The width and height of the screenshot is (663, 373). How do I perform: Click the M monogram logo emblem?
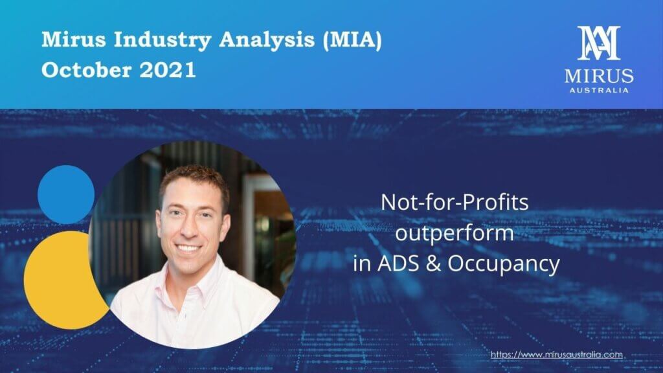tap(599, 43)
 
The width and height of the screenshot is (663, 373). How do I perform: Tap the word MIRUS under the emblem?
tap(599, 76)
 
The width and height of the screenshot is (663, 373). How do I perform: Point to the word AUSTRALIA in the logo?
tap(599, 90)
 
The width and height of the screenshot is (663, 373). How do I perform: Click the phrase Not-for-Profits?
tap(455, 203)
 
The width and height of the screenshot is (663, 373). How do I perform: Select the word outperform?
tap(455, 233)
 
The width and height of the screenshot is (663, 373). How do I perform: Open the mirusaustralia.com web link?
tap(557, 354)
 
